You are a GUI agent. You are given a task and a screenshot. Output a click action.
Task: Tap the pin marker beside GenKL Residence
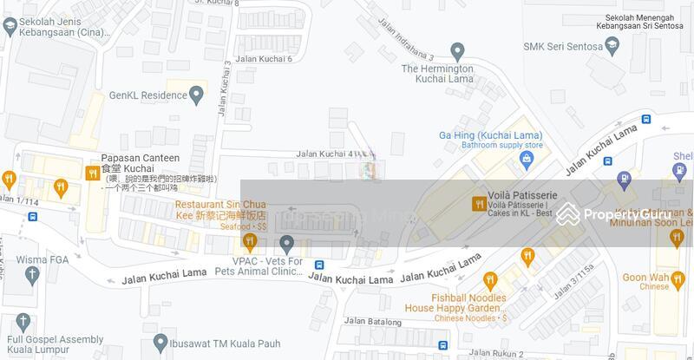(x=197, y=94)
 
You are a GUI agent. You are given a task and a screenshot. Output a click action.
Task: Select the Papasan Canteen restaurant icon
(x=92, y=173)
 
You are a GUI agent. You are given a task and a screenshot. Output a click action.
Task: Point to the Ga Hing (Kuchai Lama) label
(x=491, y=135)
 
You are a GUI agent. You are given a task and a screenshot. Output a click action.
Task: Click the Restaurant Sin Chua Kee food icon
(x=249, y=239)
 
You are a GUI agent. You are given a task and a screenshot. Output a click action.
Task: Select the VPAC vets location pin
(x=287, y=243)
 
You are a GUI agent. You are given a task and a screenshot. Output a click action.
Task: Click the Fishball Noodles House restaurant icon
(x=490, y=279)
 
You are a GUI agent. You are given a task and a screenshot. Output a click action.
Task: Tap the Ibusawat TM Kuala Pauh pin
(x=160, y=341)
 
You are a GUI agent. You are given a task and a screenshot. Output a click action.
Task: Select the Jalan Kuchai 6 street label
(x=265, y=59)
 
